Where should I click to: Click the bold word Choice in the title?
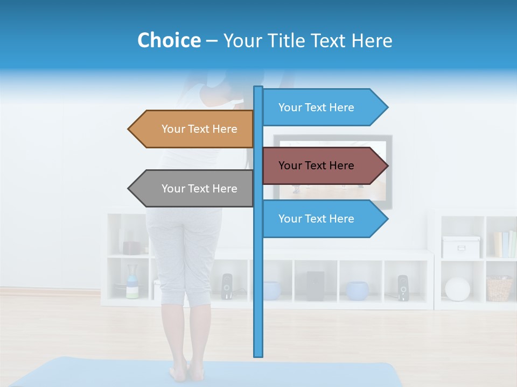[169, 40]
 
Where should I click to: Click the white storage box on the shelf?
[461, 247]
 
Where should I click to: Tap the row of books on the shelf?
[505, 244]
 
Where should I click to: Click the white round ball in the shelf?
[457, 289]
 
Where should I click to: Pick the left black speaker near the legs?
[227, 286]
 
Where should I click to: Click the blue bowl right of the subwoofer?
[357, 290]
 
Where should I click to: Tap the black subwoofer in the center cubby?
[315, 285]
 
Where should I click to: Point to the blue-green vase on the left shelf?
[132, 285]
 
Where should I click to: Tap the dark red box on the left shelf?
[131, 247]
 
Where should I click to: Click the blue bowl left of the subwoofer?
[272, 290]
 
